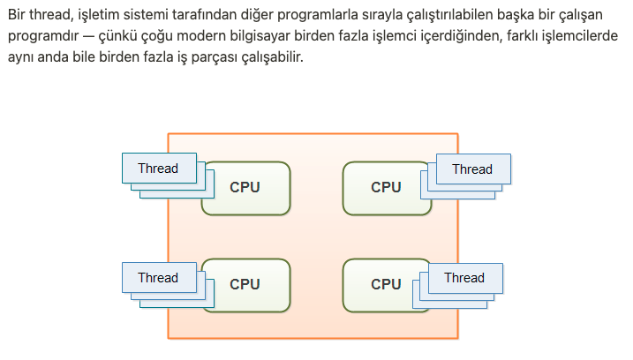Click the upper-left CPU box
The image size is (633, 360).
tap(245, 187)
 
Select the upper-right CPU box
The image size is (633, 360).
tap(386, 187)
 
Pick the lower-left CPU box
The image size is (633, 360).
tap(245, 284)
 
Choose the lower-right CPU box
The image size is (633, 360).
tap(386, 284)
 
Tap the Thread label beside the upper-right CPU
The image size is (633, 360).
tap(471, 169)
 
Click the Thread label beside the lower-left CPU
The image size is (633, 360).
tap(158, 278)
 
